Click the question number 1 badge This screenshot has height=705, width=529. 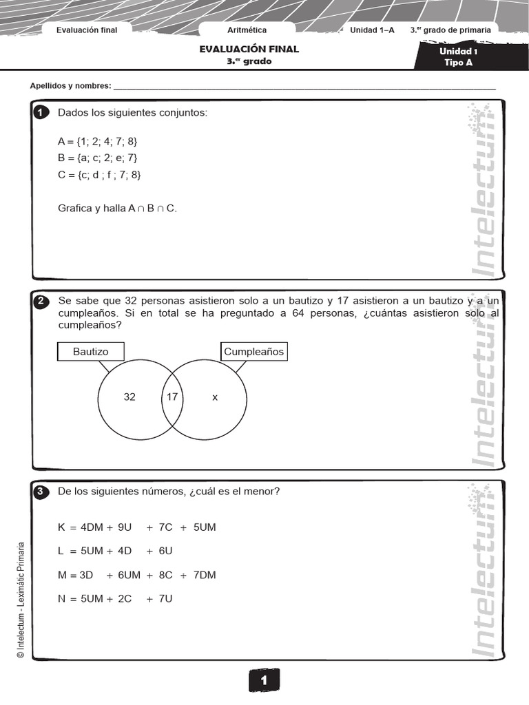(41, 113)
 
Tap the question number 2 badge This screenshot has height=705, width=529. (41, 302)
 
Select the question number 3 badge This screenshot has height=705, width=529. (41, 492)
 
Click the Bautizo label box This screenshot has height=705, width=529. (91, 352)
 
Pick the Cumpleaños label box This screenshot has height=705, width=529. (253, 352)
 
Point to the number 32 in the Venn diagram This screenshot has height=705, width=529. (129, 397)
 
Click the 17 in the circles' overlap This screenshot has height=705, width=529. (172, 397)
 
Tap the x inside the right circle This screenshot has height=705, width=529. (215, 397)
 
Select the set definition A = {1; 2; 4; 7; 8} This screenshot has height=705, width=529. (98, 141)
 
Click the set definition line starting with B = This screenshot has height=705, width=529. (98, 158)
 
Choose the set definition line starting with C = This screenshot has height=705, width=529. (99, 175)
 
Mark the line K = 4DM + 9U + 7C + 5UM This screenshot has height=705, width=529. (137, 527)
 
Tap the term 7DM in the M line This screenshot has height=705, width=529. (205, 575)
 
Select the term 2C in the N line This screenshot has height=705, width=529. (125, 598)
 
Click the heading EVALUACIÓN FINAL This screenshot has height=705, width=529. (249, 50)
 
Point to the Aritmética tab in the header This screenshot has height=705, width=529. (247, 30)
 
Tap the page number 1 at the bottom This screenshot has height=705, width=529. (264, 681)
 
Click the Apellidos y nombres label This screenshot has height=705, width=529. (70, 86)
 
